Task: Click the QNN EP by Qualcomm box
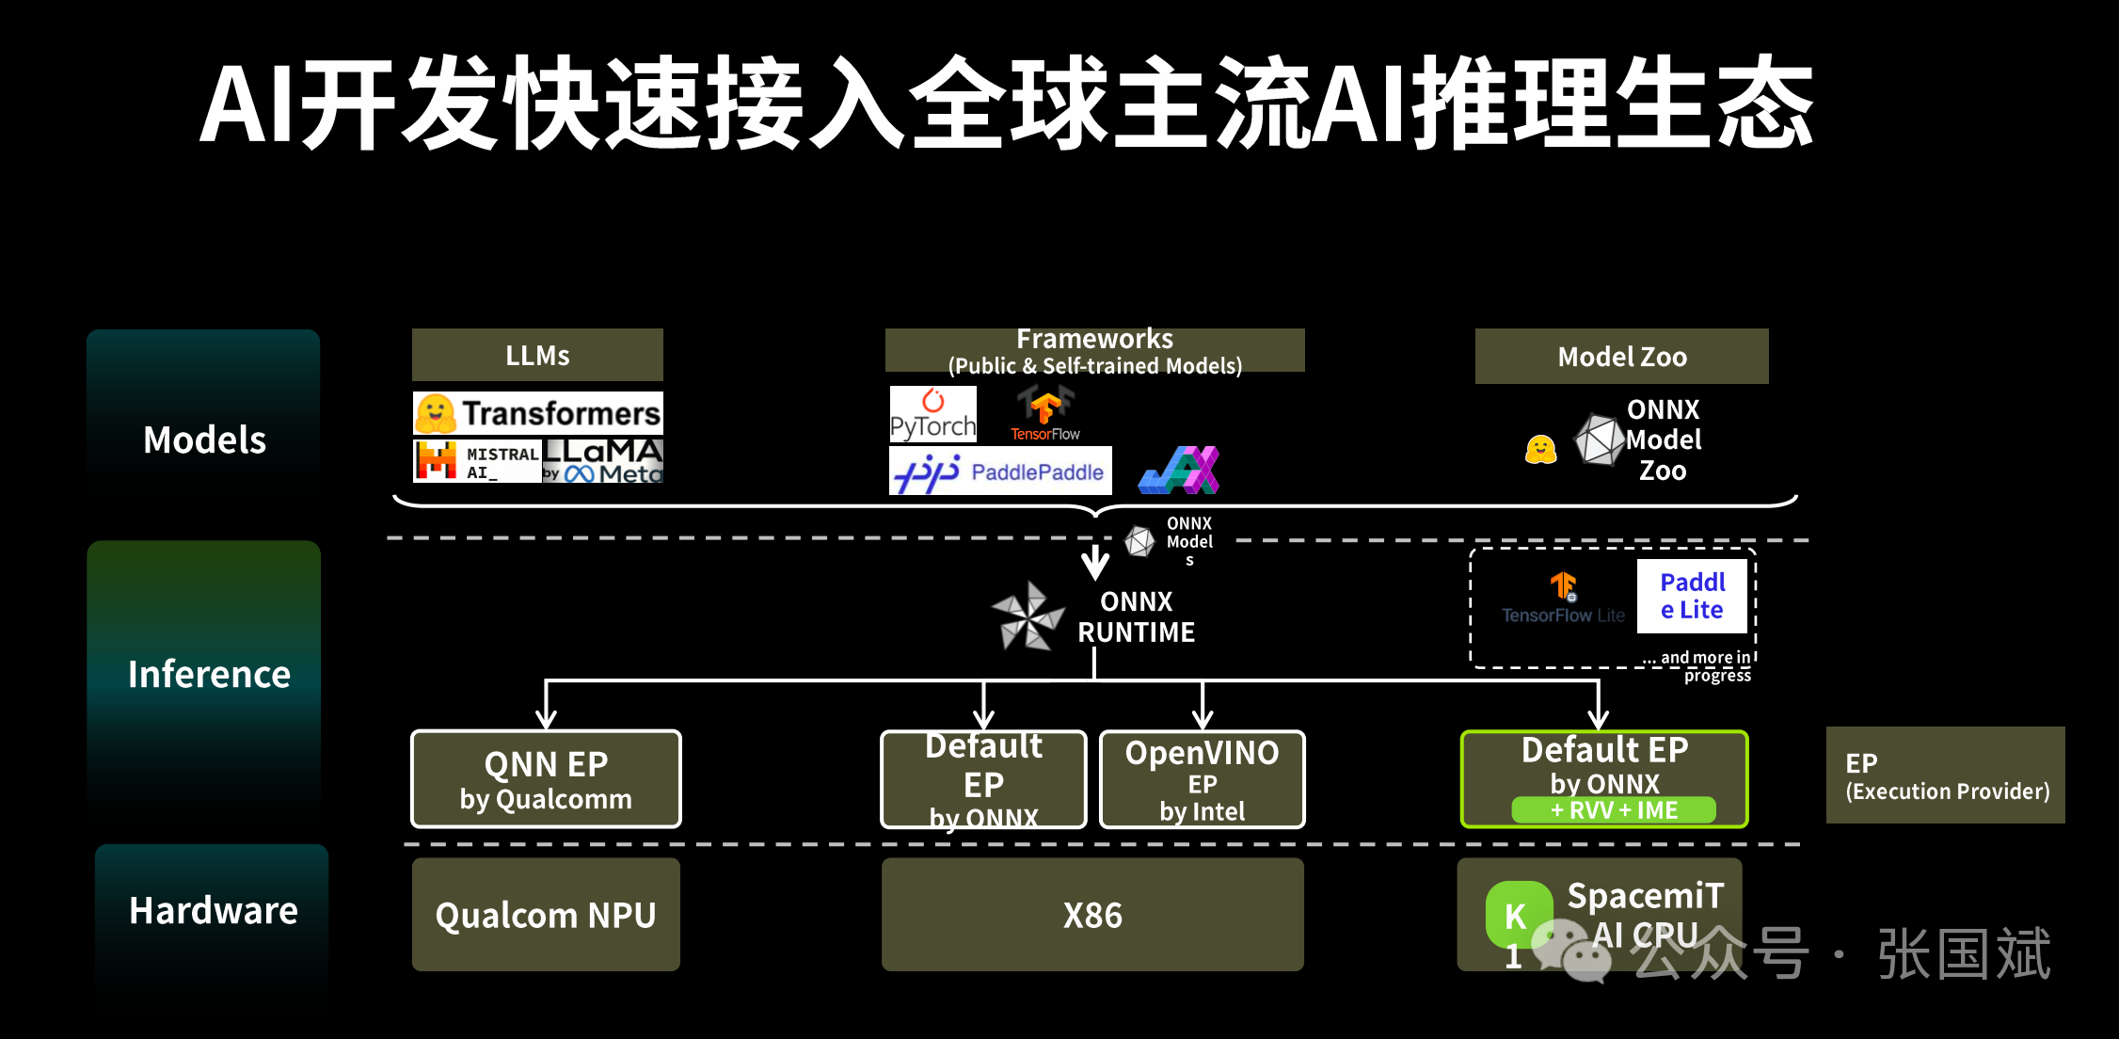tap(546, 779)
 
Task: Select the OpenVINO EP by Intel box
tap(1202, 779)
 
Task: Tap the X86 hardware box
tap(1092, 914)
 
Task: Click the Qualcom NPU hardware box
tap(546, 914)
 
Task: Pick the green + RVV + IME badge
tap(1614, 810)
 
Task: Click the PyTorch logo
tap(933, 414)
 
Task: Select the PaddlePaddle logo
tap(1000, 471)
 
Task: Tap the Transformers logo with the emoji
tap(538, 413)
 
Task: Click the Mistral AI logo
tap(477, 461)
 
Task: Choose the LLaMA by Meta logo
tap(603, 461)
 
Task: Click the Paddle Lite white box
tap(1692, 596)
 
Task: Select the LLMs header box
tap(537, 355)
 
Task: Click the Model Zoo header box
tap(1622, 356)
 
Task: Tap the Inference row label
tap(209, 674)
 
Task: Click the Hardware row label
tap(214, 910)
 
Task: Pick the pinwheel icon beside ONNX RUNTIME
tap(1028, 616)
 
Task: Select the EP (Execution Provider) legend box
tap(1946, 775)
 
